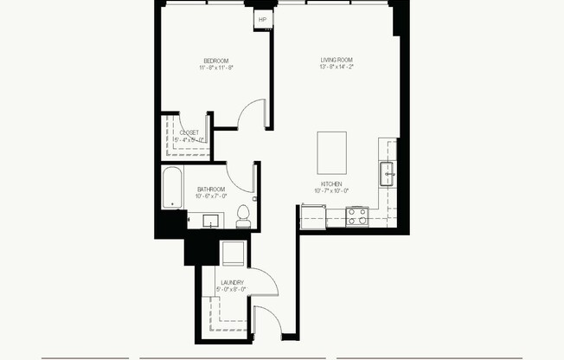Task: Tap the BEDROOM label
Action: tap(215, 60)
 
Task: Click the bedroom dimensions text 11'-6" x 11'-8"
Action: tap(215, 67)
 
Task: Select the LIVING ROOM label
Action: tap(336, 60)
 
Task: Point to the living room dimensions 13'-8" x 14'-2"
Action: tap(336, 67)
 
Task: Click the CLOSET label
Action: tap(189, 132)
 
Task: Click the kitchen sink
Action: tap(387, 174)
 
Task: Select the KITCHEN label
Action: tap(332, 184)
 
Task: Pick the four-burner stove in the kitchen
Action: tap(356, 217)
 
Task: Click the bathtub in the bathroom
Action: tap(172, 189)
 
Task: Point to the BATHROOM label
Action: tap(211, 190)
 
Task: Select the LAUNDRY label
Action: tap(231, 283)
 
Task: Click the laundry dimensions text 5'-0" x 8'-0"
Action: tap(231, 290)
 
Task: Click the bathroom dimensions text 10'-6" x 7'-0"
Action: tap(211, 196)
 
